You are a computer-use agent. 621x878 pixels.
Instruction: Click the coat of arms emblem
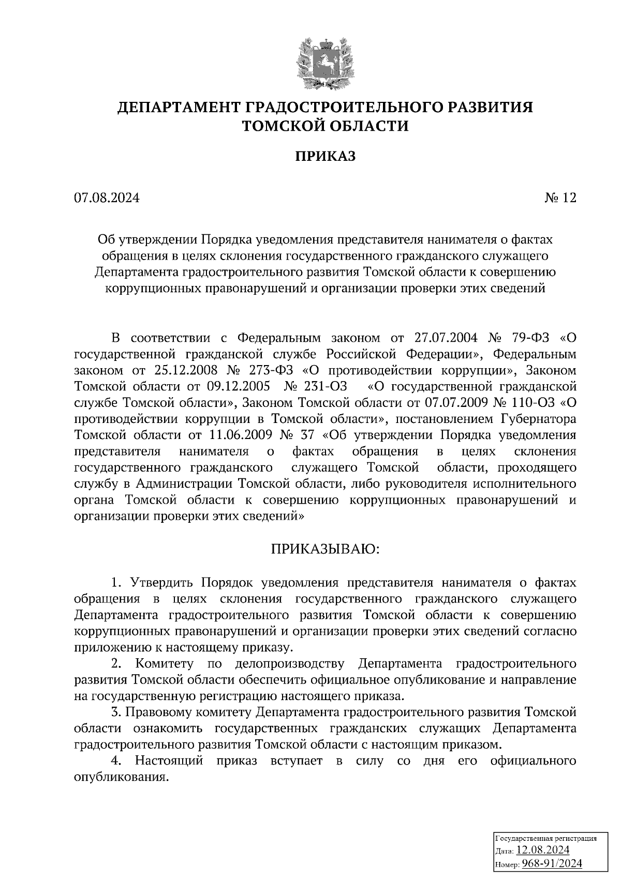tap(326, 62)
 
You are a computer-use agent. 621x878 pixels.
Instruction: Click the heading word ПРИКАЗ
tap(326, 157)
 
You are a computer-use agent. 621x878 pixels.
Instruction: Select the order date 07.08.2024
tap(107, 199)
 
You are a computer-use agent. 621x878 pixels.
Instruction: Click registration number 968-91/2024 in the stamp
tap(552, 864)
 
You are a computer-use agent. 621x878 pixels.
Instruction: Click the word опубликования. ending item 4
tap(122, 778)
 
